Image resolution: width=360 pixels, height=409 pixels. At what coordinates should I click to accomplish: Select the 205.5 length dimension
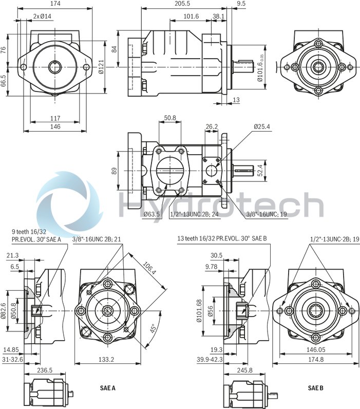[x=178, y=4]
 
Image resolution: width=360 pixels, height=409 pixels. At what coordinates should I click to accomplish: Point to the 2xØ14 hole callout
[x=43, y=16]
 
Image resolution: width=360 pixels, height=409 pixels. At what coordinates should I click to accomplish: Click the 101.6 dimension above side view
[x=191, y=16]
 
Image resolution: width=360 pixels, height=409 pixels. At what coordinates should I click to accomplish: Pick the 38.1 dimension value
[x=219, y=16]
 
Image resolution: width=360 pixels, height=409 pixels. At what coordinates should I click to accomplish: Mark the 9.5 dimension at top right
[x=241, y=4]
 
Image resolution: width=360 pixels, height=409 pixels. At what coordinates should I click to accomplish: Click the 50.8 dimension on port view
[x=169, y=118]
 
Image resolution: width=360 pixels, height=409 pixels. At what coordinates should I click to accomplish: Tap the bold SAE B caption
[x=316, y=388]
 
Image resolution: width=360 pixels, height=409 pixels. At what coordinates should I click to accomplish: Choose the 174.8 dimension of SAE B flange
[x=315, y=360]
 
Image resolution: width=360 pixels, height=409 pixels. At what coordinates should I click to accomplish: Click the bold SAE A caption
[x=107, y=388]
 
